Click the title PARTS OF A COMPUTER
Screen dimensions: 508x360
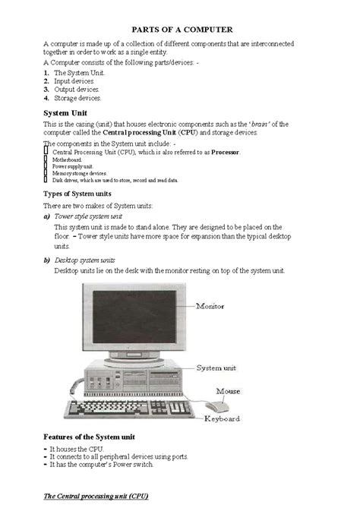179,28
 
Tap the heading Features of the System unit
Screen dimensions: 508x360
89,437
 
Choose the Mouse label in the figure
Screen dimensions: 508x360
228,391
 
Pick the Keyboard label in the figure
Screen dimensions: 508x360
222,418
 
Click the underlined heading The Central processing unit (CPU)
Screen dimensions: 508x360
95,496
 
